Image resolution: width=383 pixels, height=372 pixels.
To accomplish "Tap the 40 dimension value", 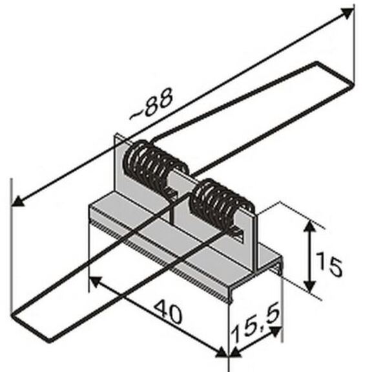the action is pos(169,312).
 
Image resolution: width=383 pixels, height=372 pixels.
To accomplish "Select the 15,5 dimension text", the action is pos(256,323).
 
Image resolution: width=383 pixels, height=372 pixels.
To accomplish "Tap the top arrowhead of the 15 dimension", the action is pos(310,226).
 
